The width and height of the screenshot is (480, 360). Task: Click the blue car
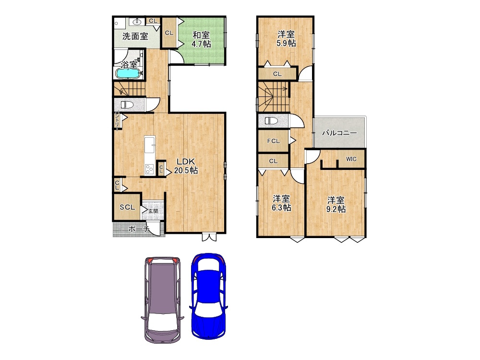coord(208,296)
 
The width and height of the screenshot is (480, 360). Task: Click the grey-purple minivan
coord(162,300)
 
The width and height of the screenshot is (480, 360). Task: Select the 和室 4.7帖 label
coord(201,39)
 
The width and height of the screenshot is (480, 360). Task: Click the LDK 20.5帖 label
coord(186,166)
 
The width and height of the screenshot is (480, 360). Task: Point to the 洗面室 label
coord(135,36)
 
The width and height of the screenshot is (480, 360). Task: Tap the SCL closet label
coord(127,207)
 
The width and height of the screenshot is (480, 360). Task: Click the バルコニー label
coord(339,133)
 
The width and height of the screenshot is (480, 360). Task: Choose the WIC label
coord(351,159)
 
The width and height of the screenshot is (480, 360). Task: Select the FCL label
coord(274,141)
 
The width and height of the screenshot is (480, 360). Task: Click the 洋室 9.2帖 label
coord(336,204)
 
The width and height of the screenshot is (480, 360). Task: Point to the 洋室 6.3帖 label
coord(281,203)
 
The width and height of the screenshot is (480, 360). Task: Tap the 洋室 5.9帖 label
coord(286,38)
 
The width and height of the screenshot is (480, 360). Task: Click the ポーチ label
coord(138,228)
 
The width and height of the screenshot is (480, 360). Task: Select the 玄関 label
coord(153,211)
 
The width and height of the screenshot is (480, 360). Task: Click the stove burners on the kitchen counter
coord(150,169)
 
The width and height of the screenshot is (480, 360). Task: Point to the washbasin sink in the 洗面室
coord(136,22)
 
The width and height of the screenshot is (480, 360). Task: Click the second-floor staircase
coord(274,97)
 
